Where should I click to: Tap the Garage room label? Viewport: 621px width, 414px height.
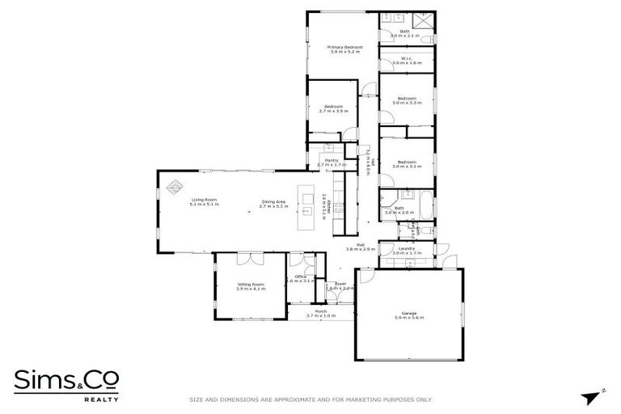click(x=409, y=313)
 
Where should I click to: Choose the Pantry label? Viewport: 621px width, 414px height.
click(x=332, y=160)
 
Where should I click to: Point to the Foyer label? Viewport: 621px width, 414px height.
click(x=340, y=284)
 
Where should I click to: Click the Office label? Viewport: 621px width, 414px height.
click(x=300, y=277)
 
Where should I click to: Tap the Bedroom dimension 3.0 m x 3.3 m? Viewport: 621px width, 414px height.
click(x=406, y=103)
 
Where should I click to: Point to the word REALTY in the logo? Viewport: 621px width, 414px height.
click(x=103, y=399)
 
